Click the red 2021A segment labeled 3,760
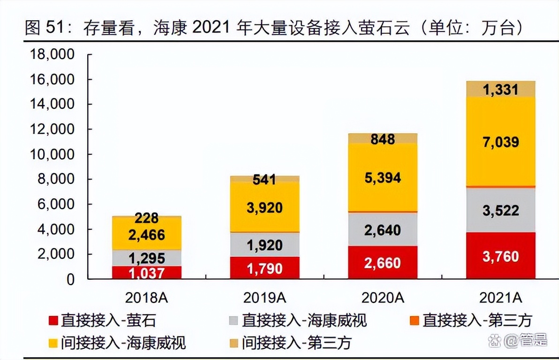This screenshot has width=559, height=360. tap(500, 256)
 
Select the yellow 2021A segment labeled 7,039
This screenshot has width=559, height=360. tap(500, 142)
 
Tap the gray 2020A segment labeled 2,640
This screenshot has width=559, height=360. tap(382, 230)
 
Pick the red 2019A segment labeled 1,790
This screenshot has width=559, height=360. tap(264, 268)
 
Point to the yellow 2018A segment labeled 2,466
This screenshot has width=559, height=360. tap(147, 234)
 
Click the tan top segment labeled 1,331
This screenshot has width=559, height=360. tap(500, 89)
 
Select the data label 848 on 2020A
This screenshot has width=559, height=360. tap(382, 139)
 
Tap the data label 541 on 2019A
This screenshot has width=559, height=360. tap(264, 179)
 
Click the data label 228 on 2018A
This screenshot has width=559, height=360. tap(147, 218)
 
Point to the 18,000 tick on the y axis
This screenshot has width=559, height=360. tap(52, 54)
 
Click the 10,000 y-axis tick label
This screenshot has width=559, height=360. tap(52, 154)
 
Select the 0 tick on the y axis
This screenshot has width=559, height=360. tap(70, 279)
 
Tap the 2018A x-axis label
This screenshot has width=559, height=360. tap(147, 298)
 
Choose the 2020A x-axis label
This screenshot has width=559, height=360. tap(382, 298)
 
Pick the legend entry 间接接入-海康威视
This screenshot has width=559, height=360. tap(117, 343)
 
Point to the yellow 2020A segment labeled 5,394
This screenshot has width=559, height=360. tap(382, 177)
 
